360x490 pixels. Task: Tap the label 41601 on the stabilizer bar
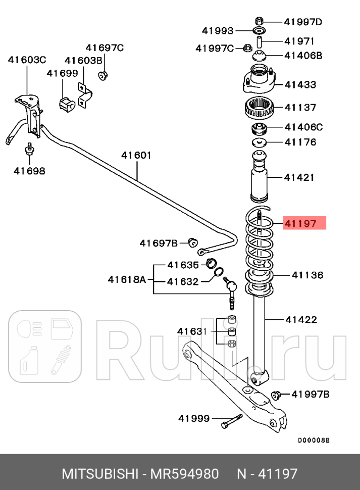click(x=136, y=156)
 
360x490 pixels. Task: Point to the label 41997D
click(x=302, y=22)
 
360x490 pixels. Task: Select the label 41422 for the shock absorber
click(x=301, y=319)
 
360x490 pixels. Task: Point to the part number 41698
click(x=29, y=171)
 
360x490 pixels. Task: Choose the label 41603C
click(x=27, y=60)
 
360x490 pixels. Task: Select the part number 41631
click(x=192, y=331)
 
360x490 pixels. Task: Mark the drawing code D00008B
click(x=313, y=440)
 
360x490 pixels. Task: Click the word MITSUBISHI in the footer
click(x=100, y=474)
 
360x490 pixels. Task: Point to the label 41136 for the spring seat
click(x=307, y=275)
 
